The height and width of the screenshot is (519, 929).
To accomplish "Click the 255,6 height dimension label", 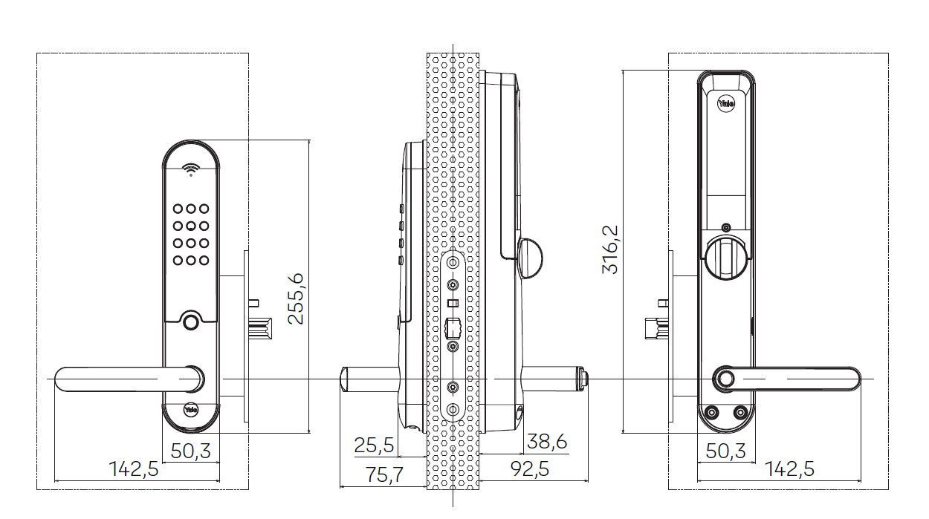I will pyautogui.click(x=296, y=298).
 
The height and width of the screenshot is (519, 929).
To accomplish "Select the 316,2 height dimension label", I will pyautogui.click(x=610, y=249).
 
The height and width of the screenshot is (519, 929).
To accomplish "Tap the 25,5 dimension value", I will pyautogui.click(x=374, y=445).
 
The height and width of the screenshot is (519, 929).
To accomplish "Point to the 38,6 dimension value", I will pyautogui.click(x=546, y=442).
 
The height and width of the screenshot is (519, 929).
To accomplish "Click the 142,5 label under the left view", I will pyautogui.click(x=134, y=469).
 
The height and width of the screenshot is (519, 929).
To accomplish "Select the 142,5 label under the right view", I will pyautogui.click(x=789, y=469).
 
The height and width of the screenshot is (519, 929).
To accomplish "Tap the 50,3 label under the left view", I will pyautogui.click(x=191, y=451).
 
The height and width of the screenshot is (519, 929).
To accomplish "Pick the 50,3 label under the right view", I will pyautogui.click(x=725, y=451).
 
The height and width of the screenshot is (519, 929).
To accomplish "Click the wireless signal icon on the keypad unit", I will pyautogui.click(x=192, y=169).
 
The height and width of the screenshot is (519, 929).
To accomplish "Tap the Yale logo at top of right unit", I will pyautogui.click(x=725, y=104).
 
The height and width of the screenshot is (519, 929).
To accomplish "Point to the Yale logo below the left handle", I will pyautogui.click(x=191, y=408).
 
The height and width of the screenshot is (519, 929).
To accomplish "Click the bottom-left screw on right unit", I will pyautogui.click(x=713, y=413).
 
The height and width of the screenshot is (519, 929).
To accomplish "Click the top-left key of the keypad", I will pyautogui.click(x=178, y=210).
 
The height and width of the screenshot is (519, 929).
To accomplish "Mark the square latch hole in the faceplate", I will pyautogui.click(x=452, y=327).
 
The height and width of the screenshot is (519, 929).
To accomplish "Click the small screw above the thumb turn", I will pyautogui.click(x=725, y=227).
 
